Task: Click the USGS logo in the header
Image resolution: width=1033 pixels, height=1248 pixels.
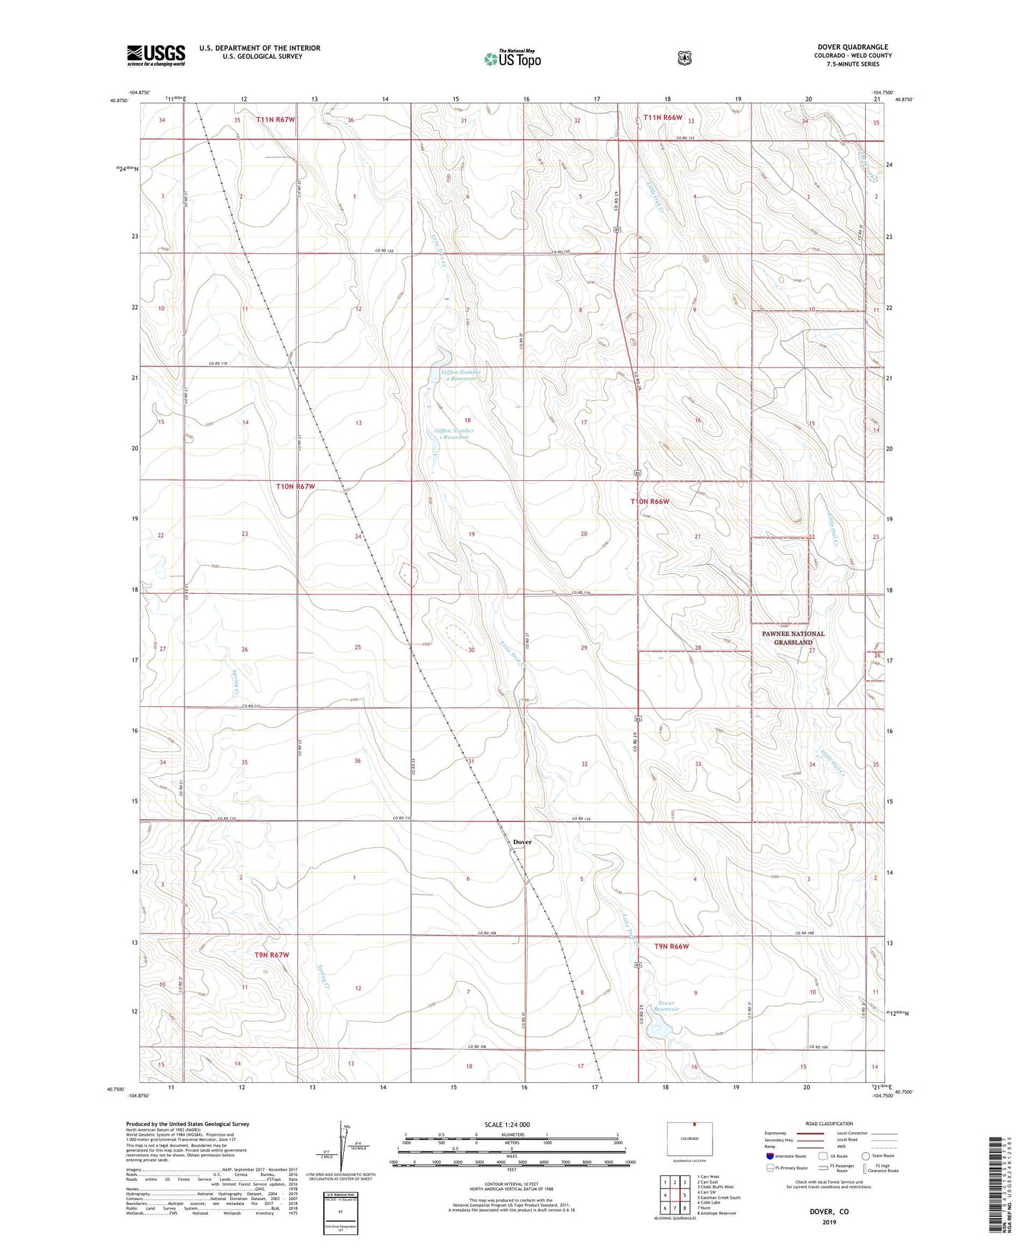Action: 156,55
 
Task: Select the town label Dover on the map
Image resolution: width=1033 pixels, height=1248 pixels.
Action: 522,842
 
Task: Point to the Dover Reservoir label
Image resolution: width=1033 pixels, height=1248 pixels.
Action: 666,1006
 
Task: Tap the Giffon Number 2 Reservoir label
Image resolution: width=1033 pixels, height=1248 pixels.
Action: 460,375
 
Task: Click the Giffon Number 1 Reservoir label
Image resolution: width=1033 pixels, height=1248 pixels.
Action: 454,434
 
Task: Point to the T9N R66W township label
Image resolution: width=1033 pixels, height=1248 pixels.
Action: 671,946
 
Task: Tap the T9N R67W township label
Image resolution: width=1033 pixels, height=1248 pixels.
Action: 272,955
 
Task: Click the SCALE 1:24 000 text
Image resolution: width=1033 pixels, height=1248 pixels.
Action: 507,1124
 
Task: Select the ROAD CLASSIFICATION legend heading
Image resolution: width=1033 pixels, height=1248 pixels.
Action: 828,1124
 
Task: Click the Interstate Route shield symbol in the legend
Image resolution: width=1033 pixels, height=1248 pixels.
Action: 769,1155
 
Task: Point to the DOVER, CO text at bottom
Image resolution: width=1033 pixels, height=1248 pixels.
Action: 828,1212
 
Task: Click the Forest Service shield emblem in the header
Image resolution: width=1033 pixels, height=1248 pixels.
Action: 684,57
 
